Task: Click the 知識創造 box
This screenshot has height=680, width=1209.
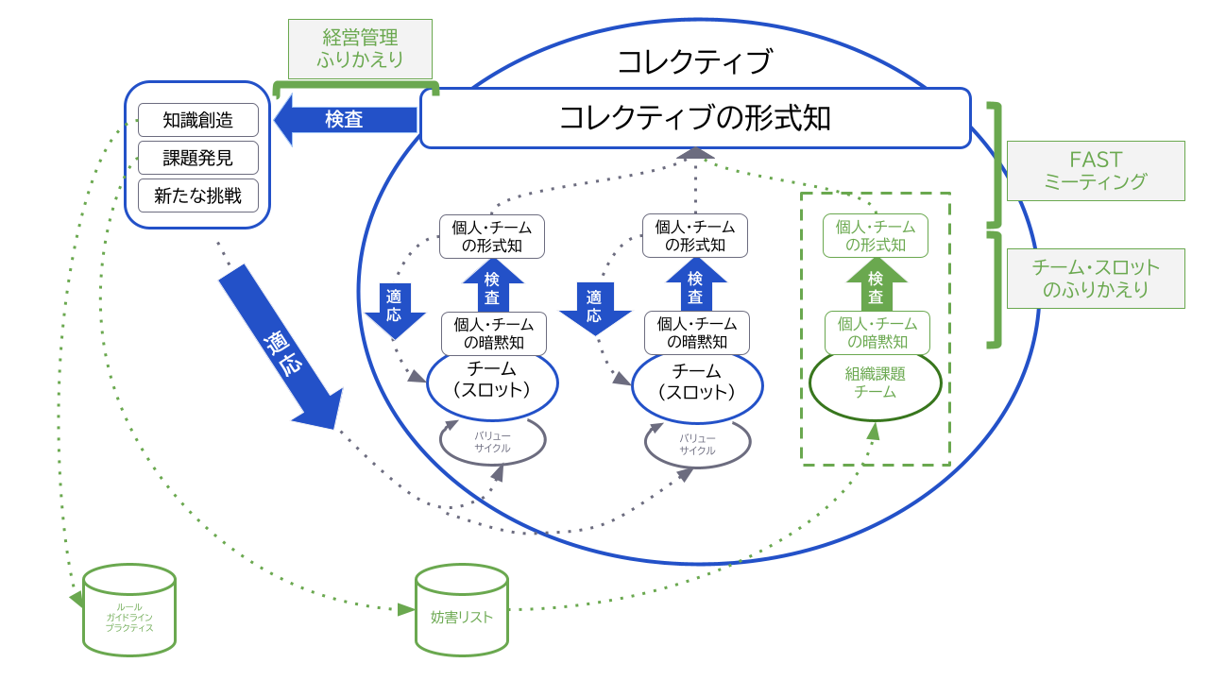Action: pos(197,120)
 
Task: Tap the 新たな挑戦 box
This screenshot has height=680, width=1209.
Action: pos(197,195)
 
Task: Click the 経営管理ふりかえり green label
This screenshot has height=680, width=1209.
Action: pos(359,49)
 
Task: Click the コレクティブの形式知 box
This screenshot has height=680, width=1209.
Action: pos(695,118)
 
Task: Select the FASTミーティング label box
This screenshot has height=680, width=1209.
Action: pos(1096,171)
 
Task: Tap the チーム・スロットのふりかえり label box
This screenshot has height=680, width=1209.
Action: pos(1096,279)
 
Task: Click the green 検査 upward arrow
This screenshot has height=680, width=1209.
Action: pos(876,286)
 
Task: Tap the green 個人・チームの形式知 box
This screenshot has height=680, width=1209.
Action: pos(876,236)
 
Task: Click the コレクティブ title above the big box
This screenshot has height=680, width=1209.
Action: pos(694,62)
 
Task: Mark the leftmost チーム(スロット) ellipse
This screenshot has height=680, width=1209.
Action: pos(492,382)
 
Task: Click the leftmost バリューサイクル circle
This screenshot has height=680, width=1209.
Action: pos(492,441)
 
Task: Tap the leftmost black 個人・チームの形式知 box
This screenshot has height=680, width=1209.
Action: pos(492,236)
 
